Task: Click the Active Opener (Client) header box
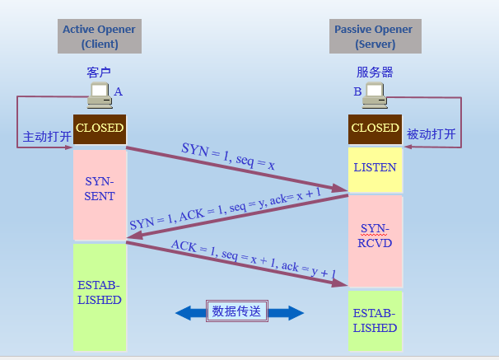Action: pos(100,36)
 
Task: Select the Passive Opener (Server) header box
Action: pos(375,36)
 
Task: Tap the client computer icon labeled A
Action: pos(100,96)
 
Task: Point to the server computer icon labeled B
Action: pos(375,96)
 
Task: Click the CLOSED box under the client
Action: pos(100,129)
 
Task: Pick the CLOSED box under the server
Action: pos(375,129)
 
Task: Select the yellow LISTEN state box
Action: pos(375,170)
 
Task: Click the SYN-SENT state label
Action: pos(100,189)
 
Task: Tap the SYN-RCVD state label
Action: pos(375,236)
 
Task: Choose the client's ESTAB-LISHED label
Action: pos(100,292)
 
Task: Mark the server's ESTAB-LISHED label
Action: pos(375,320)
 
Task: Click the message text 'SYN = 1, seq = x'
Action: pos(228,157)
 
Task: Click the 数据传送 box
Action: pos(237,311)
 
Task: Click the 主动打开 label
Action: pos(47,137)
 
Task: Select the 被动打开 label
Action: pos(431,134)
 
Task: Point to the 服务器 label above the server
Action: pos(375,72)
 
